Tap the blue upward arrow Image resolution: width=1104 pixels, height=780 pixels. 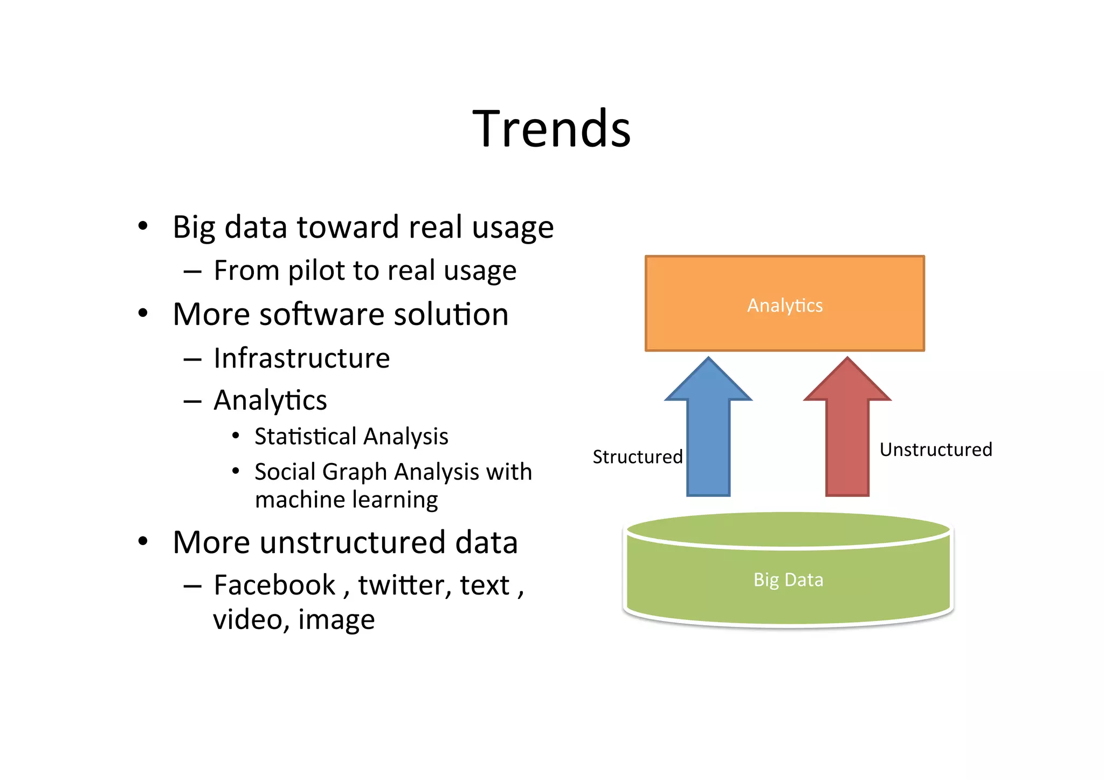708,431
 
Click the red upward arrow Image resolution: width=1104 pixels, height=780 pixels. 847,431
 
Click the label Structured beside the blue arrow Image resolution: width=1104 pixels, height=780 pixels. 637,457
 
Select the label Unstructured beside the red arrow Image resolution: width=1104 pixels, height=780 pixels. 935,449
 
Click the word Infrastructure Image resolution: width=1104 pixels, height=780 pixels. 301,358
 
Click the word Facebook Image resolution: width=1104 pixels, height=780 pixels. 274,585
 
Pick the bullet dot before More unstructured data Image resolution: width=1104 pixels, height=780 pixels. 142,541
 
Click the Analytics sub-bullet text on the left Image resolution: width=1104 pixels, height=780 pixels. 270,400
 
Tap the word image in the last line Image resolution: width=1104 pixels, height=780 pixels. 336,619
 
